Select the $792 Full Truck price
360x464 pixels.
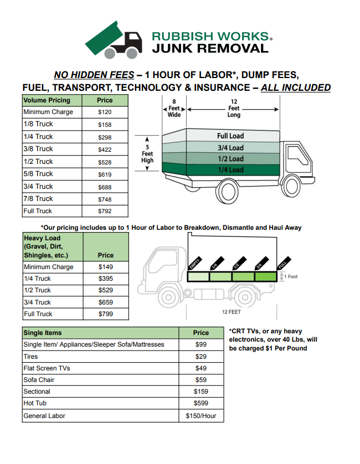point(105,211)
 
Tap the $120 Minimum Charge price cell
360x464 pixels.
point(105,112)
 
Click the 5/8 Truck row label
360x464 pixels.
point(38,174)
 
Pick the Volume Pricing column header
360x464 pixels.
point(47,100)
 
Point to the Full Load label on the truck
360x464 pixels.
point(230,136)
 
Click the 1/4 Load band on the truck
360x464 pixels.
point(230,170)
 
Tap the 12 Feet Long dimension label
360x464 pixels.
point(234,109)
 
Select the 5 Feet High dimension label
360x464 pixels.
point(147,153)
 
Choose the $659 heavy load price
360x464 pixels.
point(105,302)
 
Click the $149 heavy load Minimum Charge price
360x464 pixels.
point(105,267)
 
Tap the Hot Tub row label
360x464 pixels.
point(35,404)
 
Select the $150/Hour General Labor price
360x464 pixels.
point(201,416)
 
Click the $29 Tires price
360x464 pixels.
point(201,357)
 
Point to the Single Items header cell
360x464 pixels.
point(43,333)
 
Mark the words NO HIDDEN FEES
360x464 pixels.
point(94,75)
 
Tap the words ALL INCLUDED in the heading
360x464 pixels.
point(296,87)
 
